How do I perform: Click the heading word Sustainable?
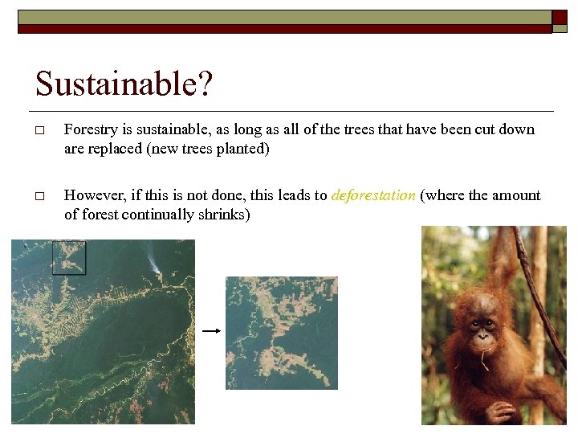point(124,84)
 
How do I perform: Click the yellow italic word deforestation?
point(373,195)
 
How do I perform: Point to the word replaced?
point(115,149)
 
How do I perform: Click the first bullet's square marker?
point(39,130)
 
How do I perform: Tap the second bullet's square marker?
point(39,196)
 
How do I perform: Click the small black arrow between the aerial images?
point(210,330)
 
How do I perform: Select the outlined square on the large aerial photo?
point(68,257)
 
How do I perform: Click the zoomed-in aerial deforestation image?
point(281,333)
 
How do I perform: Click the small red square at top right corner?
point(560,18)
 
